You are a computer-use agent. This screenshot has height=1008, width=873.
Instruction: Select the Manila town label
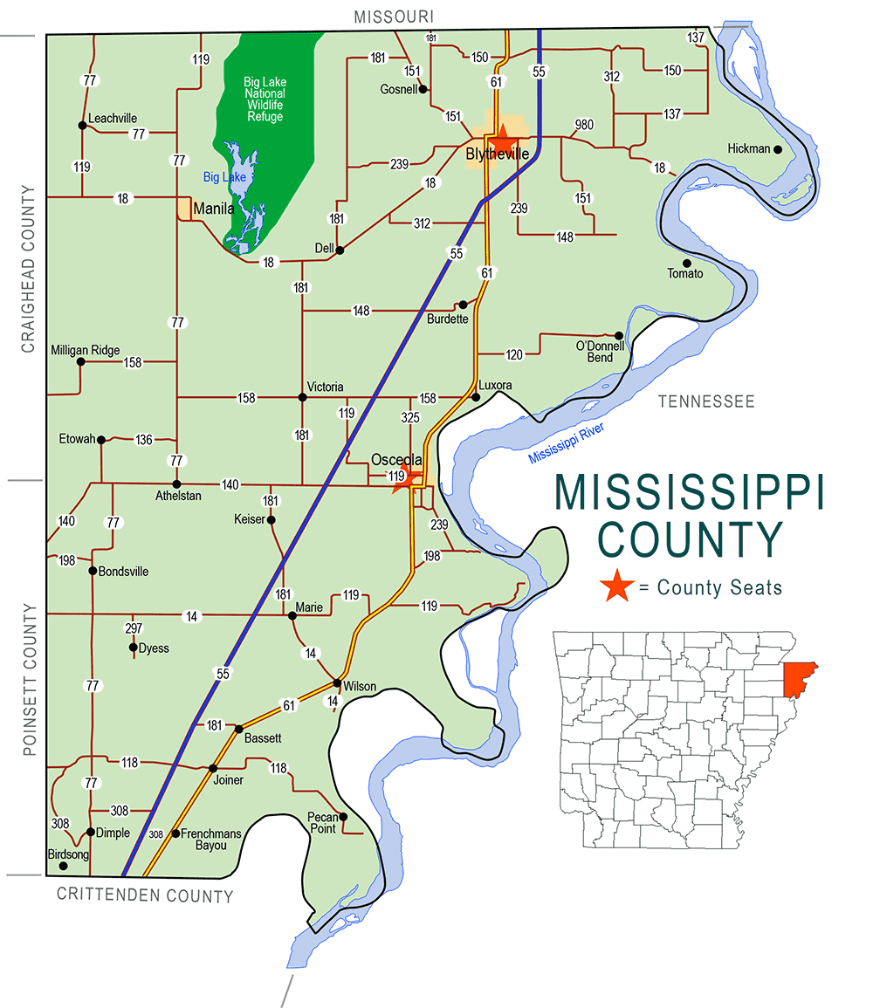214,209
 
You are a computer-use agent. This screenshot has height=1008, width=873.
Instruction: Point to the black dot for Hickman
777,148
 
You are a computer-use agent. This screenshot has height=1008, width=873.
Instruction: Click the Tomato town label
685,274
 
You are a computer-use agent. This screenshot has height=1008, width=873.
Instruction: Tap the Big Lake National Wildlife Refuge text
265,99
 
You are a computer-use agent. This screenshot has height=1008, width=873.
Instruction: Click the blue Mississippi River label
566,443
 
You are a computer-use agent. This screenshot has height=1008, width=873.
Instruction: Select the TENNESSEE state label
705,401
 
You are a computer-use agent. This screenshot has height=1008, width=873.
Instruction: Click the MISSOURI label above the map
394,17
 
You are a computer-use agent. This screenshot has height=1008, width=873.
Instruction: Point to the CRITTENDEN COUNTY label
145,895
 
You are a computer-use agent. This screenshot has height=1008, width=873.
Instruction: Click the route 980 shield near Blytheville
583,125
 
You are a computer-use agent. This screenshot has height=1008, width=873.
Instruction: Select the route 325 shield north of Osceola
410,418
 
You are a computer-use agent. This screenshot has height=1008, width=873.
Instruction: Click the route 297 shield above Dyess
133,628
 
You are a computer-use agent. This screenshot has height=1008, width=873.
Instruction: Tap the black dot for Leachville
82,125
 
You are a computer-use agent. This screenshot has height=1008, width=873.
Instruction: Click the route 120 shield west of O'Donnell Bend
514,354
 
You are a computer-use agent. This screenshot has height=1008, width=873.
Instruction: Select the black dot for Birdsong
63,866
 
